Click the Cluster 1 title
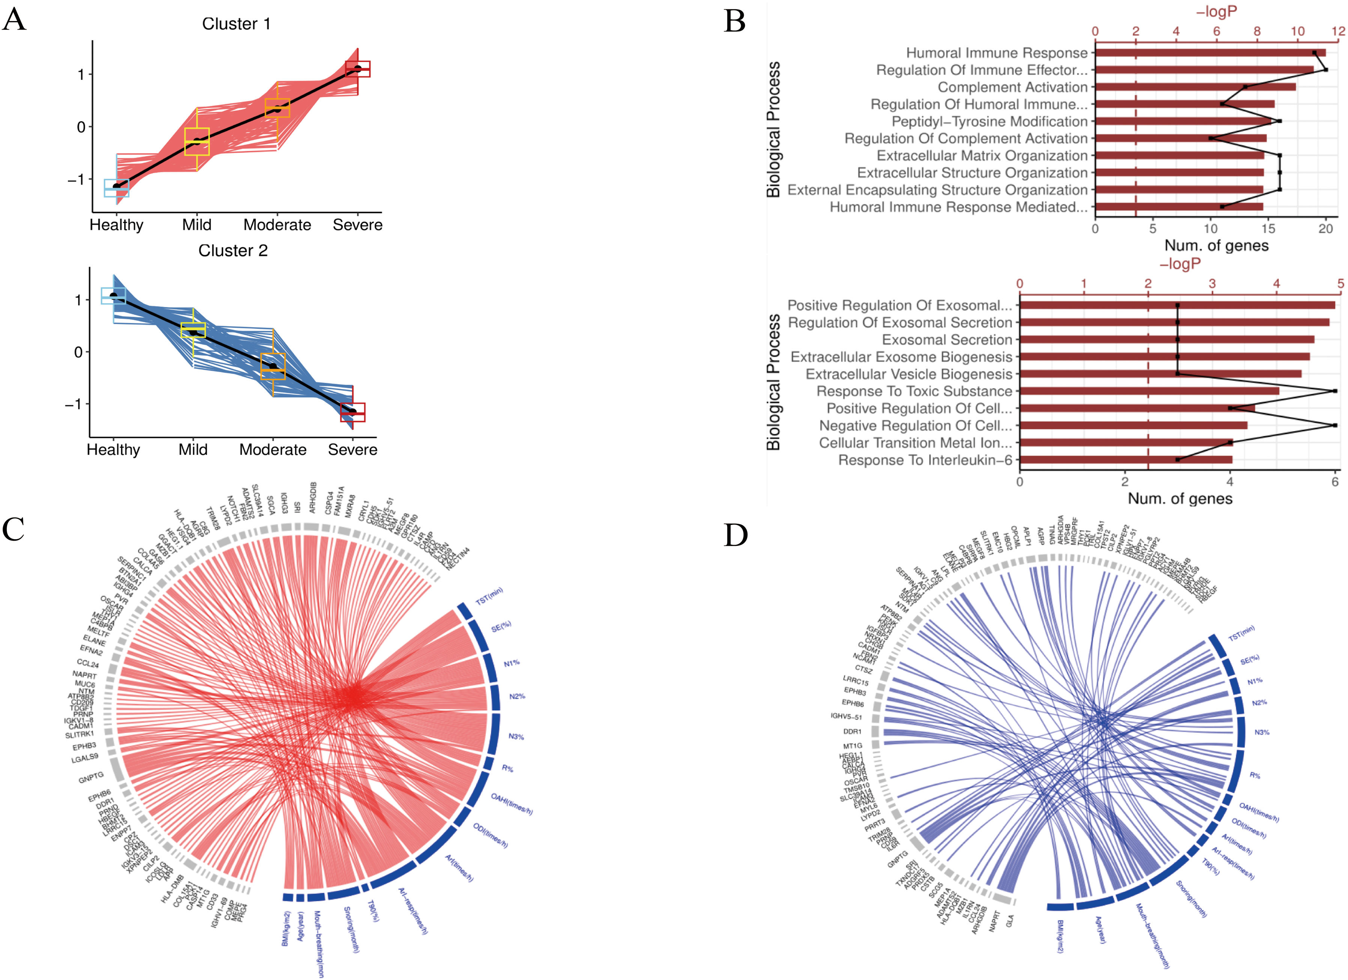pyautogui.click(x=236, y=24)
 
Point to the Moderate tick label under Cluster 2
pyautogui.click(x=273, y=450)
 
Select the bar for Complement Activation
pyautogui.click(x=1195, y=87)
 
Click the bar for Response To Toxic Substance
pyautogui.click(x=1149, y=391)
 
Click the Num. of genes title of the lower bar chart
pyautogui.click(x=1180, y=499)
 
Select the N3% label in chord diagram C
pyautogui.click(x=516, y=737)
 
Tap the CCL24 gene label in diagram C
pyautogui.click(x=88, y=663)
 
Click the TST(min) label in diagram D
pyautogui.click(x=1242, y=633)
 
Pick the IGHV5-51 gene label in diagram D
pyautogui.click(x=846, y=717)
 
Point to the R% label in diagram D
pyautogui.click(x=1255, y=776)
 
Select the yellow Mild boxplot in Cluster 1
pyautogui.click(x=197, y=141)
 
